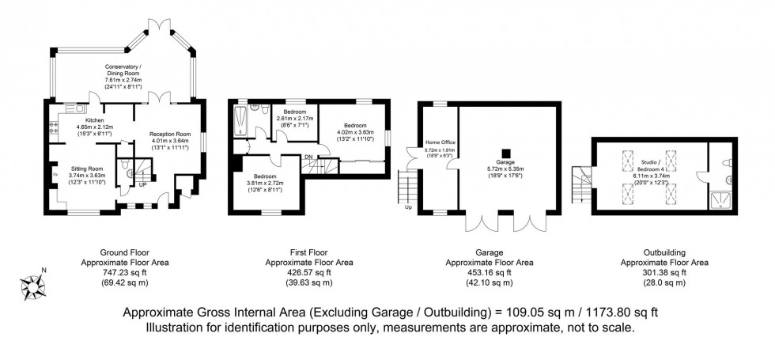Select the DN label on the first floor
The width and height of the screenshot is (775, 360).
click(x=308, y=156)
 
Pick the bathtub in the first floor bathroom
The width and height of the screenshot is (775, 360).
click(x=241, y=123)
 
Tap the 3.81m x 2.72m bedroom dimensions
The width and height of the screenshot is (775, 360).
click(x=264, y=184)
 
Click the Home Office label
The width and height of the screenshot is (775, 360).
click(x=436, y=143)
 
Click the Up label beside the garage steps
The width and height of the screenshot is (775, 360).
click(x=408, y=209)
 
